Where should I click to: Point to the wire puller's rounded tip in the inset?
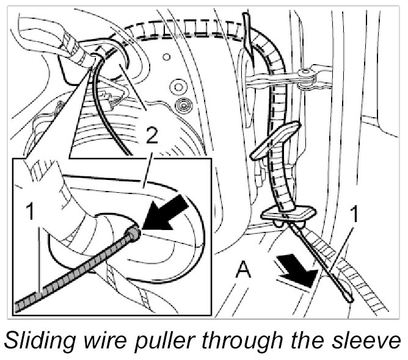tap(134, 232)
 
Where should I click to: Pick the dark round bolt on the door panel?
tap(181, 109)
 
